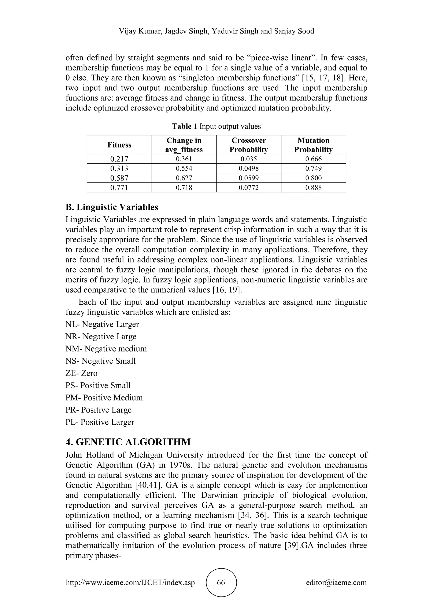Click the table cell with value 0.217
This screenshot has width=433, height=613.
pyautogui.click(x=119, y=159)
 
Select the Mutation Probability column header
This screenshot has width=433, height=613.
pyautogui.click(x=313, y=145)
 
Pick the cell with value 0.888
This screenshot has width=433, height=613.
pyautogui.click(x=313, y=188)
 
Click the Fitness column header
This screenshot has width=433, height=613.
pyautogui.click(x=119, y=145)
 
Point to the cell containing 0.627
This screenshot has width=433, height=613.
pyautogui.click(x=184, y=178)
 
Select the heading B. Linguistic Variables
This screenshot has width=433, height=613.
pyautogui.click(x=112, y=207)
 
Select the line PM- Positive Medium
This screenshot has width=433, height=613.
pyautogui.click(x=104, y=398)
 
